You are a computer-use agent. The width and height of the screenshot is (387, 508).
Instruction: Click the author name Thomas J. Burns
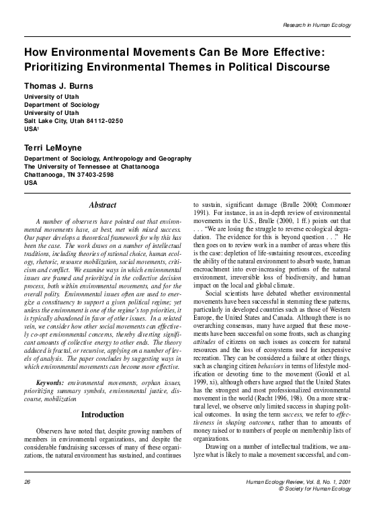tap(62, 86)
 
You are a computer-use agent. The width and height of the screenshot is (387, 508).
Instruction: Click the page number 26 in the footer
tap(28, 482)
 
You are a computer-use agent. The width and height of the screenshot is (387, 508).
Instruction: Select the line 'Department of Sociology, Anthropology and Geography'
tap(102, 157)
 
